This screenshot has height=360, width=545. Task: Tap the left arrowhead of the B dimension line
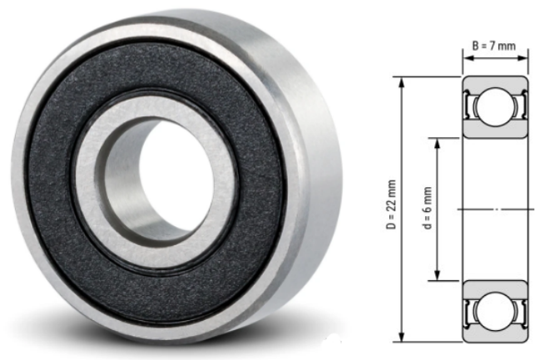point(467,58)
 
